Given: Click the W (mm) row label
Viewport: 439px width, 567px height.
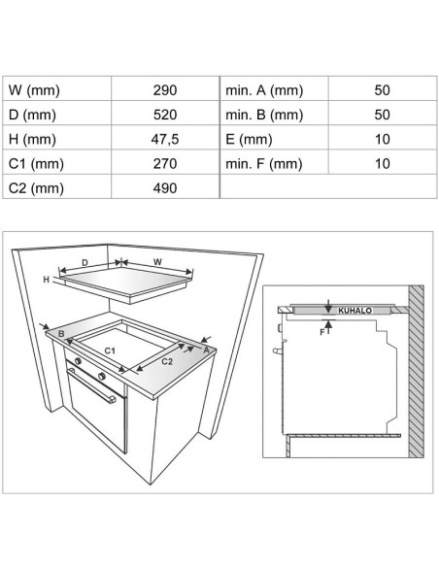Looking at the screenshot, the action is pos(34,90).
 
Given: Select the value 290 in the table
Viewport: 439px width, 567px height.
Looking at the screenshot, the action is pos(165,90).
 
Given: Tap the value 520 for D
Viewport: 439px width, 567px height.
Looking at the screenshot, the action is pos(165,115).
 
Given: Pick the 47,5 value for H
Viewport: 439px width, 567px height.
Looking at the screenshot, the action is pos(165,139).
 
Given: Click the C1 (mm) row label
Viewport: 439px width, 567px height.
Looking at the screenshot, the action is pos(36,164).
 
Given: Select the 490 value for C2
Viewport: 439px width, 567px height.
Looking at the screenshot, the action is pos(165,188).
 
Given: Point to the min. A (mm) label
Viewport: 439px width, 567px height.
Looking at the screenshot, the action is pos(264,90).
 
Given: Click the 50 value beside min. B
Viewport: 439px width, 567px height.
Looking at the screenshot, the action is pos(383,115).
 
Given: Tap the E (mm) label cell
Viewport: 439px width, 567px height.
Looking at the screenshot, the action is pos(249,139).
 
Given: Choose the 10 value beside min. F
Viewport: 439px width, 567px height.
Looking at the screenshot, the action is pos(383,164).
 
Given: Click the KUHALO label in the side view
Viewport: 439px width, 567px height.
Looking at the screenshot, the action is pos(355,311).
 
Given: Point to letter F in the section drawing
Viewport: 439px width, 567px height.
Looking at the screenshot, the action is pos(322,332).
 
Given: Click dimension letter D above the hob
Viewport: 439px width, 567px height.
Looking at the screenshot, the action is pos(84,262).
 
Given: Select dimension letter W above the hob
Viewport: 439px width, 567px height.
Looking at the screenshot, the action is pos(157,262).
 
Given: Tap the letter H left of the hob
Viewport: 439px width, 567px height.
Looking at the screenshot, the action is pos(46,280).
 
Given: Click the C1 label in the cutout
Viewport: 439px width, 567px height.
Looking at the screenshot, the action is pos(110,350).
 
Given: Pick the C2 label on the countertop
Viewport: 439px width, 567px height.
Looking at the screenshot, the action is pos(167,361).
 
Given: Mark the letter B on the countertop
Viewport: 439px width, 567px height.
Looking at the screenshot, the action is pos(61,333).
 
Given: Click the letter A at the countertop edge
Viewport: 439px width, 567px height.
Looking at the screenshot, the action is pos(207,350).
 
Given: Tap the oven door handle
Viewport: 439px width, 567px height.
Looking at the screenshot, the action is pos(91,385).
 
